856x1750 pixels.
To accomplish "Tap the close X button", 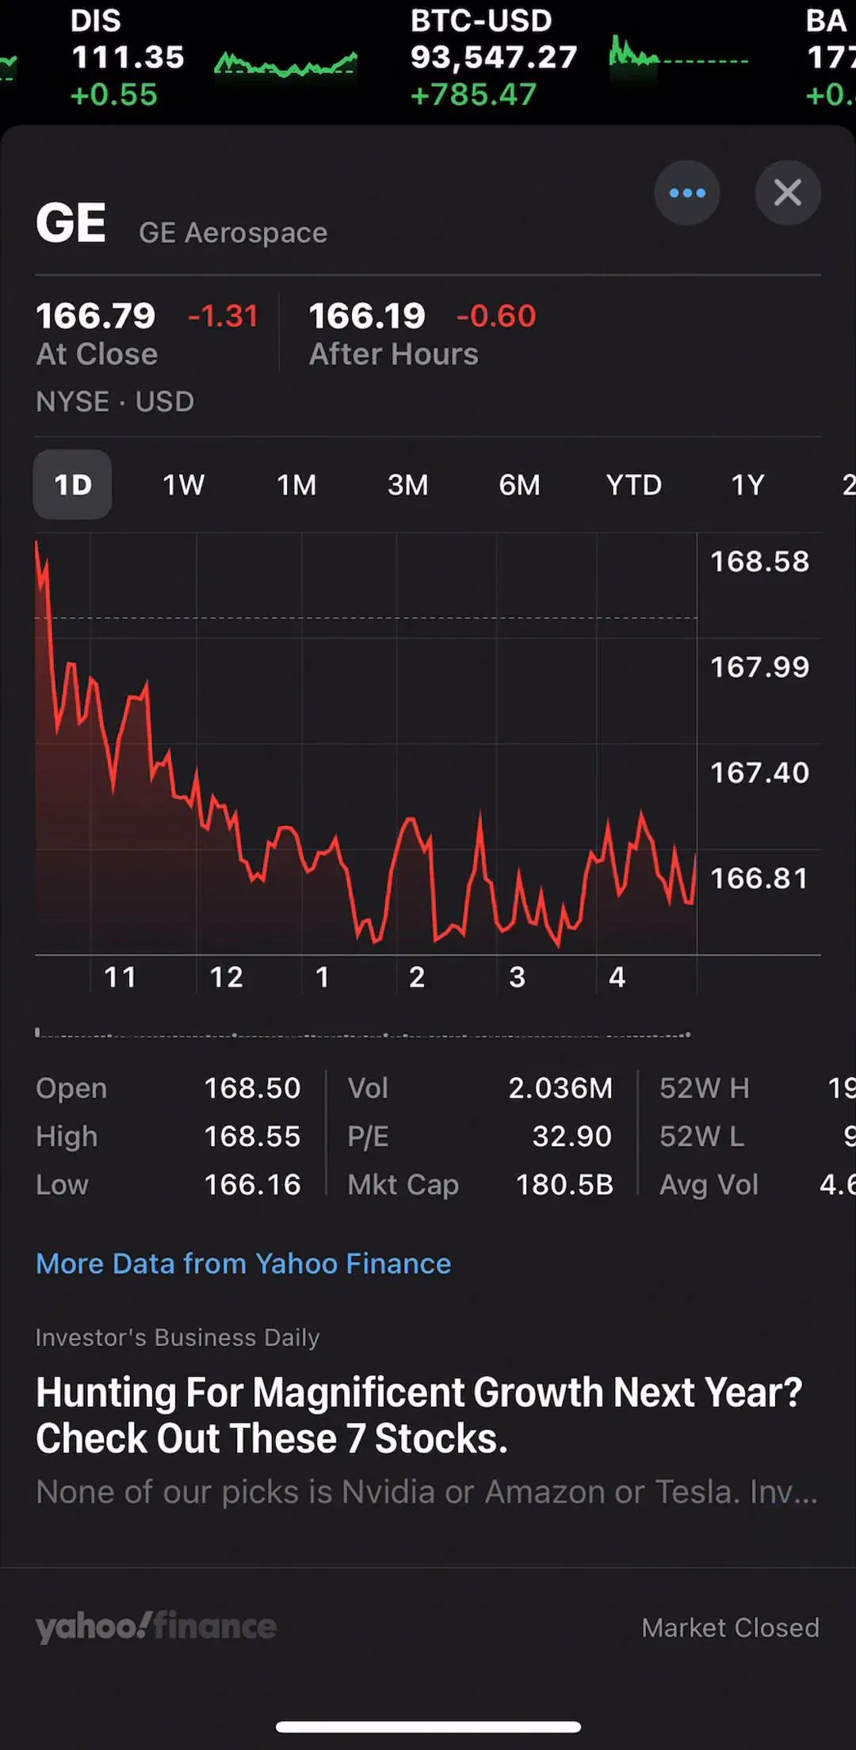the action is pyautogui.click(x=787, y=193).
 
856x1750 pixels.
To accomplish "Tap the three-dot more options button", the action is pyautogui.click(x=687, y=193).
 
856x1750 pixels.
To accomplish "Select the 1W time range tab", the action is pyautogui.click(x=183, y=485).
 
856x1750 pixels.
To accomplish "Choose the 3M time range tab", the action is pyautogui.click(x=407, y=485).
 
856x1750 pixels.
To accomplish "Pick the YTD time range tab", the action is pyautogui.click(x=633, y=485).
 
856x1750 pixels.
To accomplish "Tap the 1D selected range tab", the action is pyautogui.click(x=72, y=484).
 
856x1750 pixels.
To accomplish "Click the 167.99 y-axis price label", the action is pyautogui.click(x=759, y=667).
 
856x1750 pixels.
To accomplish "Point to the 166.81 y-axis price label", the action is pyautogui.click(x=759, y=878).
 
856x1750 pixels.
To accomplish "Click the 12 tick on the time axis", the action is pyautogui.click(x=226, y=977).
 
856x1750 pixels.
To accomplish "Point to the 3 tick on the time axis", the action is pyautogui.click(x=517, y=977).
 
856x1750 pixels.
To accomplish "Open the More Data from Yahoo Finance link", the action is pyautogui.click(x=243, y=1263).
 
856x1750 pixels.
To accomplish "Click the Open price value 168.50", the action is pyautogui.click(x=252, y=1088).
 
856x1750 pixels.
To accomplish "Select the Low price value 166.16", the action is pyautogui.click(x=252, y=1185).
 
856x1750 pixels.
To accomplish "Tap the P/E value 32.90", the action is pyautogui.click(x=571, y=1137).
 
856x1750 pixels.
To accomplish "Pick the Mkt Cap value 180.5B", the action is pyautogui.click(x=564, y=1185).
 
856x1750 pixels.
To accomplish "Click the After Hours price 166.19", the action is pyautogui.click(x=367, y=316).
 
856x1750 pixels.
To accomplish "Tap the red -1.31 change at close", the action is pyautogui.click(x=223, y=316).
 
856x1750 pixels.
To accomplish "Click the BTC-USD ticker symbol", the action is pyautogui.click(x=481, y=21).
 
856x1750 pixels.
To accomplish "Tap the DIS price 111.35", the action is pyautogui.click(x=128, y=57).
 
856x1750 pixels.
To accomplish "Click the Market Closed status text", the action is pyautogui.click(x=730, y=1627).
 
